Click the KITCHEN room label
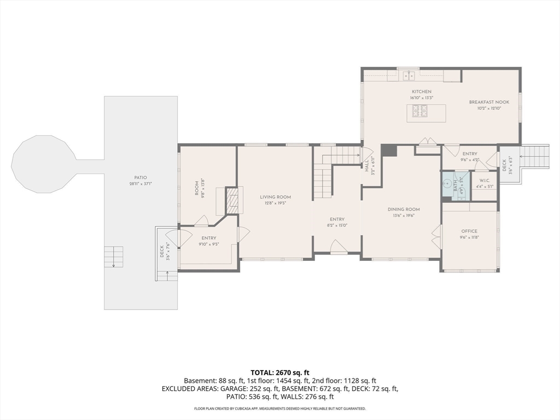click(421, 91)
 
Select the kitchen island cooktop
click(420, 112)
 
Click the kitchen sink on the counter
click(407, 75)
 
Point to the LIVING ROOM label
click(275, 197)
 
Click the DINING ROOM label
click(404, 209)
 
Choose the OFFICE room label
click(469, 231)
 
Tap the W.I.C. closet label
click(485, 180)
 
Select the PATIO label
click(141, 178)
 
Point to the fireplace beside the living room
click(232, 201)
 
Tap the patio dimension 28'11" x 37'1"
click(141, 184)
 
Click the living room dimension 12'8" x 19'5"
click(275, 203)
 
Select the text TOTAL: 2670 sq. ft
click(279, 372)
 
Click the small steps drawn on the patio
click(114, 256)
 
